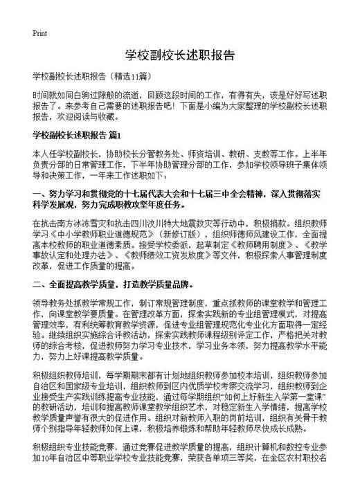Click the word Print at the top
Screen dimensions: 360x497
point(39,33)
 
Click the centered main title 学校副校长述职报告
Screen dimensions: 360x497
point(179,54)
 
